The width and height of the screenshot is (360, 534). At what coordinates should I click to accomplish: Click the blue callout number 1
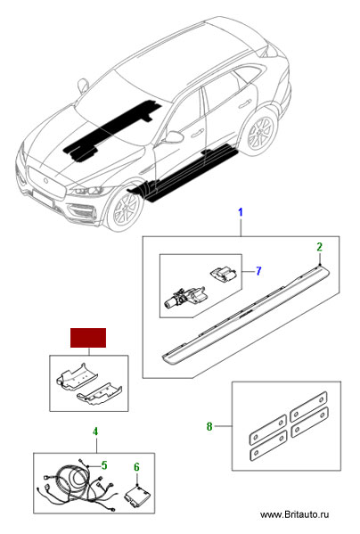click(x=241, y=212)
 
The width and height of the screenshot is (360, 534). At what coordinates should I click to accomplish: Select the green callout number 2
click(x=320, y=247)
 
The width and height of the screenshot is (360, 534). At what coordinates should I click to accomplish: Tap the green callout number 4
click(x=95, y=431)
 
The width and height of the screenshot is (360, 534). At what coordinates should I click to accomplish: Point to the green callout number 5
click(x=104, y=465)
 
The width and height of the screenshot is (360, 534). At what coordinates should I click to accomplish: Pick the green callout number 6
click(x=136, y=467)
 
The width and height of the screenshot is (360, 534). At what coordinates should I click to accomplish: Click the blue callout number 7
click(x=258, y=271)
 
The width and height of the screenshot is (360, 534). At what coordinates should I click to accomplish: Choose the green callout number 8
click(x=209, y=426)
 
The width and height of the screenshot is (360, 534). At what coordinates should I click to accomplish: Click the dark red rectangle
click(x=88, y=338)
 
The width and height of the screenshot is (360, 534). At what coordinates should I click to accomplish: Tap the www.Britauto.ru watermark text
click(x=294, y=514)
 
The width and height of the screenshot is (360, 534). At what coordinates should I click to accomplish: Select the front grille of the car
click(x=45, y=182)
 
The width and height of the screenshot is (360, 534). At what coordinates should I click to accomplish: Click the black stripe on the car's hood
click(x=113, y=129)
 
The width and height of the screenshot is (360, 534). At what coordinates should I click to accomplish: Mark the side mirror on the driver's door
click(x=173, y=136)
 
